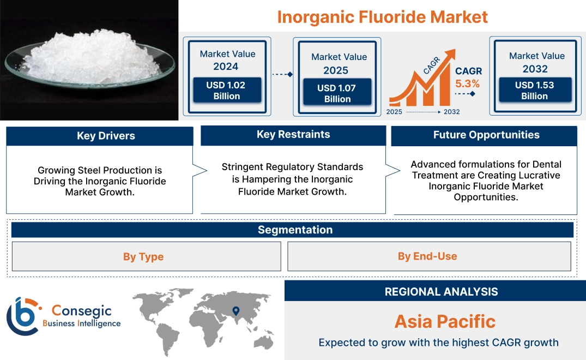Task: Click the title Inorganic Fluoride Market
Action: click(x=382, y=16)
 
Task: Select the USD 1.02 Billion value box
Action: click(x=226, y=91)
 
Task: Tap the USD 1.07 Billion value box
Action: click(x=337, y=93)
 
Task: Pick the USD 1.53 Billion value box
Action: click(x=534, y=91)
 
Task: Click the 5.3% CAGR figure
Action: click(x=467, y=83)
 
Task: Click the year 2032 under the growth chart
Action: click(x=451, y=112)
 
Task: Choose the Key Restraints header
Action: click(x=293, y=135)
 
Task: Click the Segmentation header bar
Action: click(x=295, y=230)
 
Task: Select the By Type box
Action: click(x=143, y=256)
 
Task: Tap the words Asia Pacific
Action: click(x=445, y=321)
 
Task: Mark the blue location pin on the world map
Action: click(x=235, y=311)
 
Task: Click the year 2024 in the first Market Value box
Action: click(x=226, y=67)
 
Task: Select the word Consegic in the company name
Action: click(x=82, y=311)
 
